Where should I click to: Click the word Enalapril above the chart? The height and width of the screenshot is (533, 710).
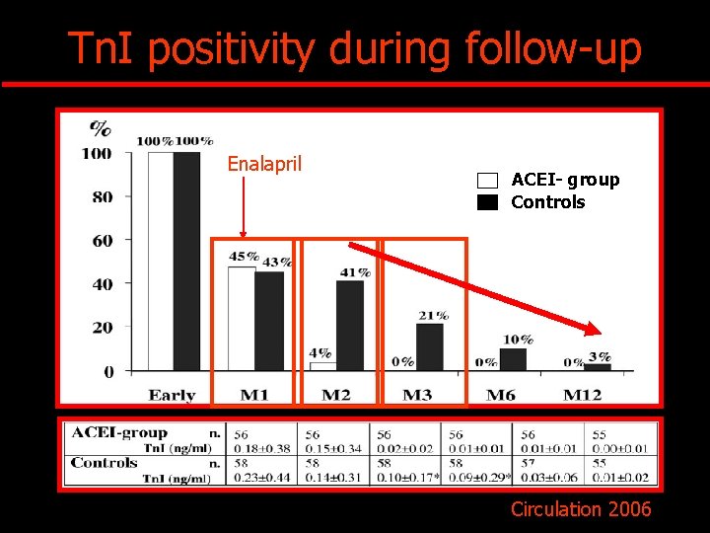coord(264,164)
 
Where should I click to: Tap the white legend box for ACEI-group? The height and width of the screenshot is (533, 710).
coord(488,181)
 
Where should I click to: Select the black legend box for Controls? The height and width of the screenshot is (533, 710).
coord(488,203)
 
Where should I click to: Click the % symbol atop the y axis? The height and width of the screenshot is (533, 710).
coord(101,128)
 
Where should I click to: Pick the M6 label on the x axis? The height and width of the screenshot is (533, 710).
coord(500,395)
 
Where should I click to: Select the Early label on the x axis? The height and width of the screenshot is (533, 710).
coord(172,395)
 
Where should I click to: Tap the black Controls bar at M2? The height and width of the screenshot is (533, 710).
coord(349,326)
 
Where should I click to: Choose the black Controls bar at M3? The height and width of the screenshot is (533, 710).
coord(429,347)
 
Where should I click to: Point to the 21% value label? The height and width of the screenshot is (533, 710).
coord(433,315)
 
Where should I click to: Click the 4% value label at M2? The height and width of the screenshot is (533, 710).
coord(319,352)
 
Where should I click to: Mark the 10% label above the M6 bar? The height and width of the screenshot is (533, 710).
coord(518,340)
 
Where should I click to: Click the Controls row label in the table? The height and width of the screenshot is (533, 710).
coord(105,462)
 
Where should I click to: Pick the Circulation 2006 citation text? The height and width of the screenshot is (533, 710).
coord(581,509)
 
